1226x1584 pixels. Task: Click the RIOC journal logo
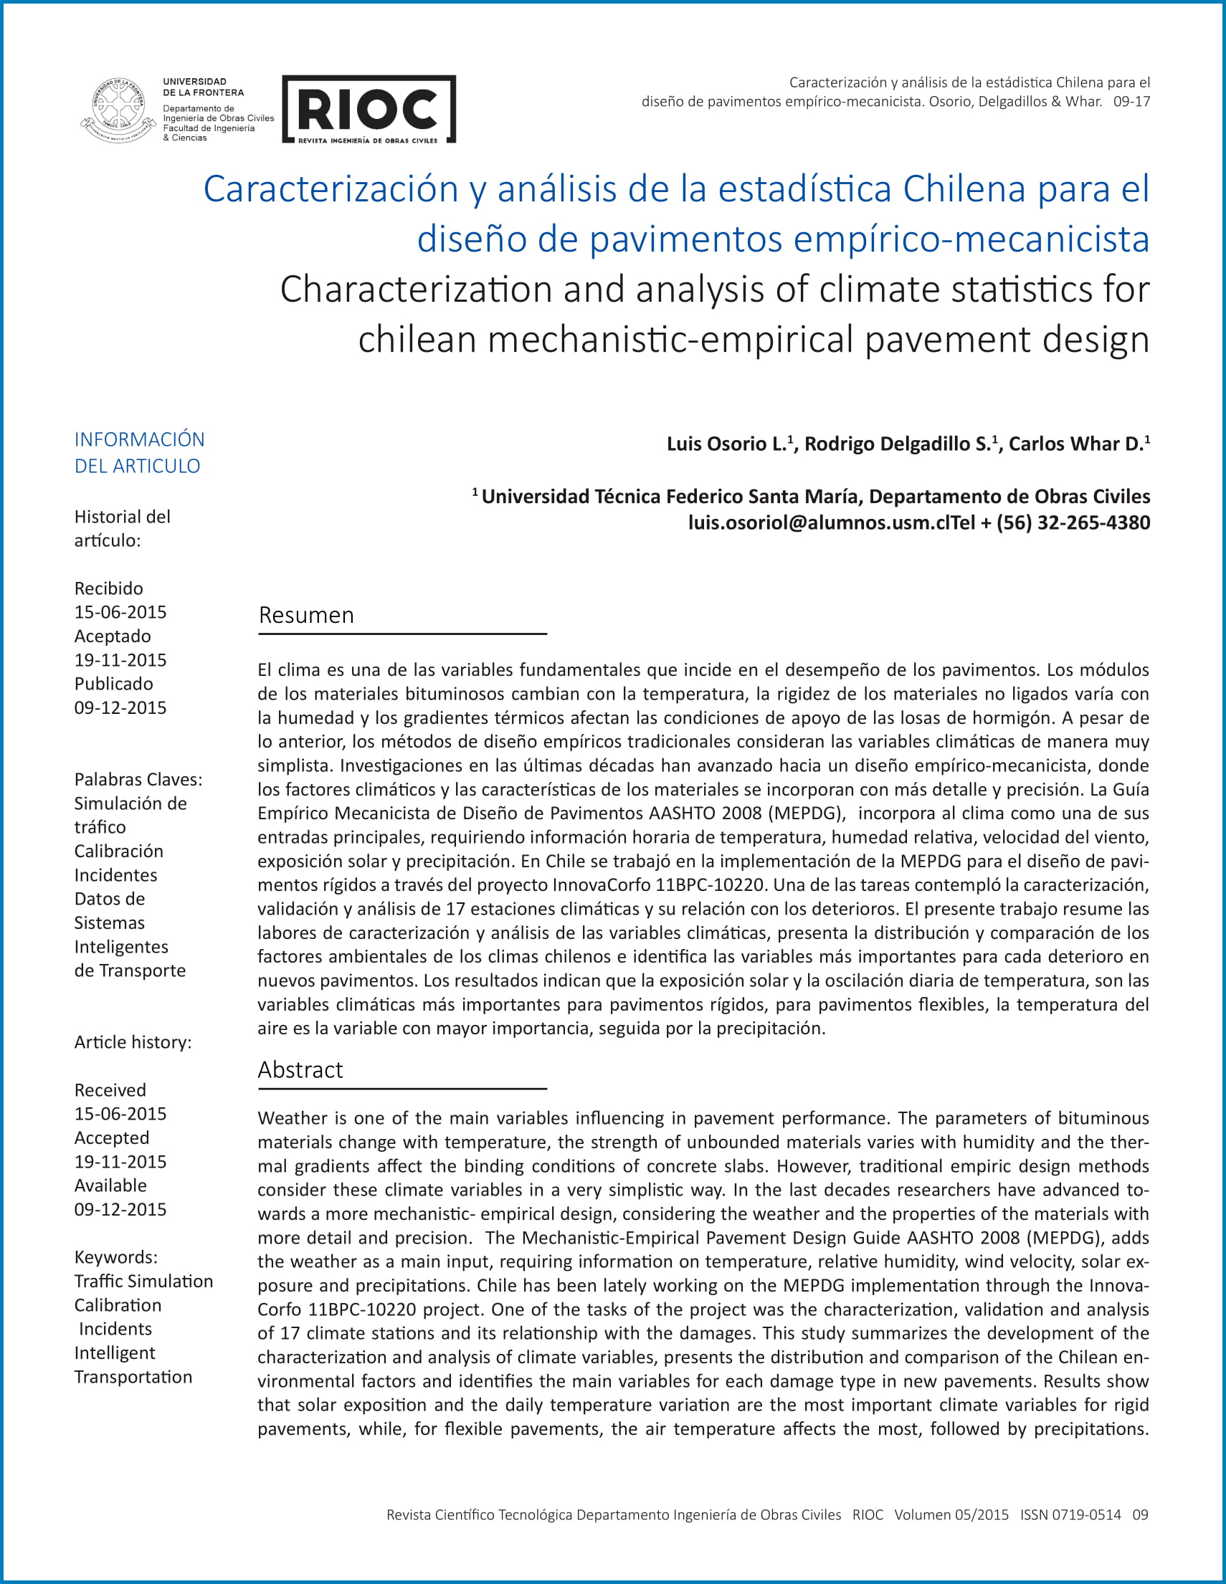coord(369,109)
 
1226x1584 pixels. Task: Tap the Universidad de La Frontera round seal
coord(118,110)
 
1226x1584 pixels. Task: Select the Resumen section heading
coord(306,615)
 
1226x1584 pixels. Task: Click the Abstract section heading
coord(300,1070)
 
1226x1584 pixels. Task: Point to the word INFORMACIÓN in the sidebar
coord(139,439)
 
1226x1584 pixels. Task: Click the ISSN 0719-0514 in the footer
coord(1070,1514)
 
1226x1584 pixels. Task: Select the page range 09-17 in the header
coord(1131,102)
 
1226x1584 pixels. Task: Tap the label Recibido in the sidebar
coord(109,588)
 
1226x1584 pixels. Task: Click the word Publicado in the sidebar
coord(114,684)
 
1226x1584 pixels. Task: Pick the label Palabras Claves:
coord(138,780)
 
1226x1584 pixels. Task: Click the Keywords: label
coord(116,1257)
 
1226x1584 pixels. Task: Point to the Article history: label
coord(133,1042)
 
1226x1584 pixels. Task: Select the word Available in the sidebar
coord(110,1185)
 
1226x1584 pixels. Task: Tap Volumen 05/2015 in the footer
coord(951,1514)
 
